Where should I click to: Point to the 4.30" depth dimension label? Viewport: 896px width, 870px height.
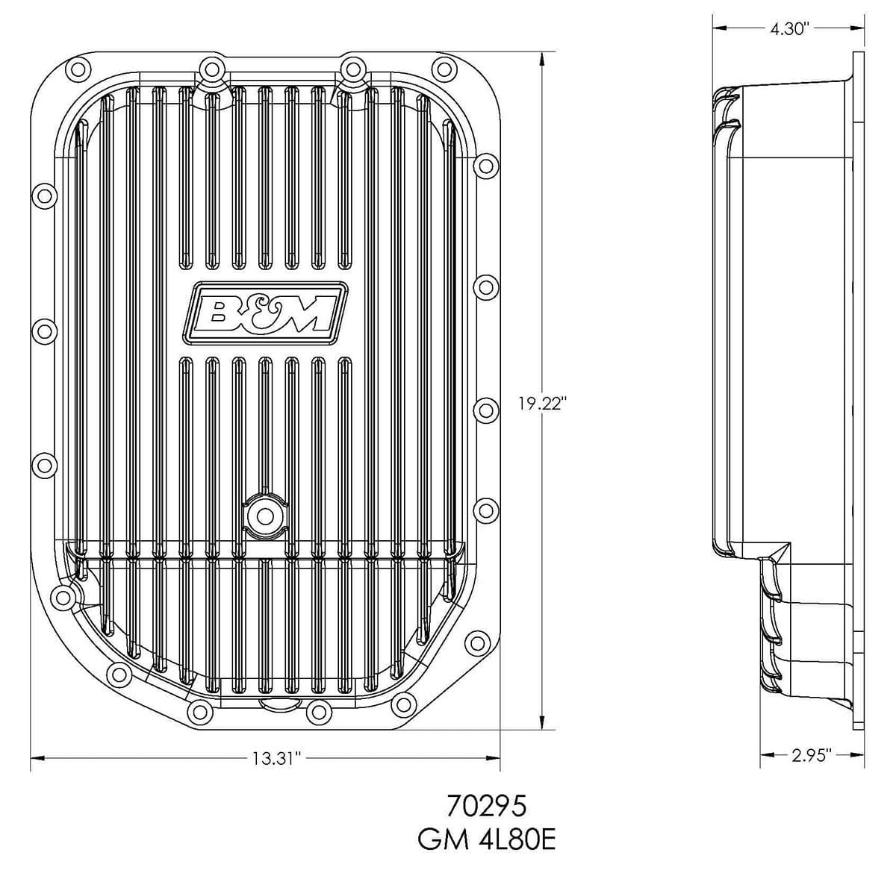[788, 29]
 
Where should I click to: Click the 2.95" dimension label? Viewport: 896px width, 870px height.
[811, 756]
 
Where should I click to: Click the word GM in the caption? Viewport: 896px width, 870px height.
[439, 841]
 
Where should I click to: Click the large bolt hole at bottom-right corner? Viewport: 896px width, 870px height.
[476, 641]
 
